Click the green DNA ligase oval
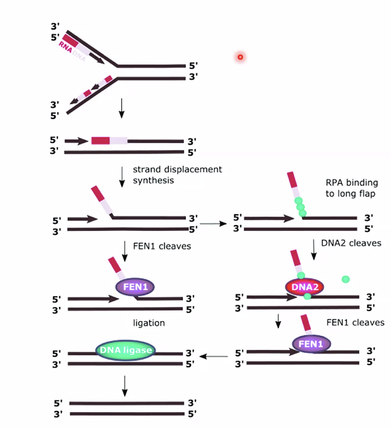[x=126, y=350]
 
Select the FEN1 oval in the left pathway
[x=135, y=287]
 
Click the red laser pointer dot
[x=240, y=57]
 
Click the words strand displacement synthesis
[x=177, y=174]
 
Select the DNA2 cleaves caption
[x=351, y=243]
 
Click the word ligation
[x=149, y=323]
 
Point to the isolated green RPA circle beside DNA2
[x=345, y=279]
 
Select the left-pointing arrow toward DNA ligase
[x=214, y=356]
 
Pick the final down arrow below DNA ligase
[x=125, y=385]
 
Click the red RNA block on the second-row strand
[x=101, y=140]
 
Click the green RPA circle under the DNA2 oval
[x=307, y=296]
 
